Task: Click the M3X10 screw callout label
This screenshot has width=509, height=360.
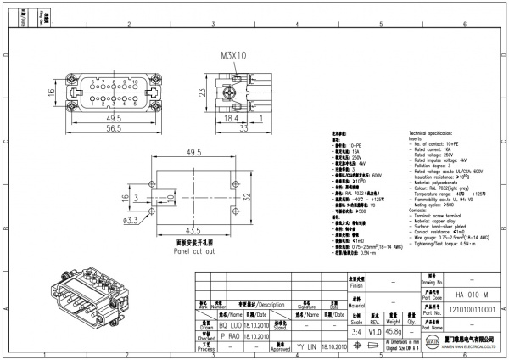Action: point(233,55)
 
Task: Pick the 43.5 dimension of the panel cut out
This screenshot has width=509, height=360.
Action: point(194,230)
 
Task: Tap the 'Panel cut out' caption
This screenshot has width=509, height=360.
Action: point(196,251)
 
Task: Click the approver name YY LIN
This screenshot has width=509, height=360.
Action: point(306,347)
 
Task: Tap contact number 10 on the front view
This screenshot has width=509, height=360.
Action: point(135,83)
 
